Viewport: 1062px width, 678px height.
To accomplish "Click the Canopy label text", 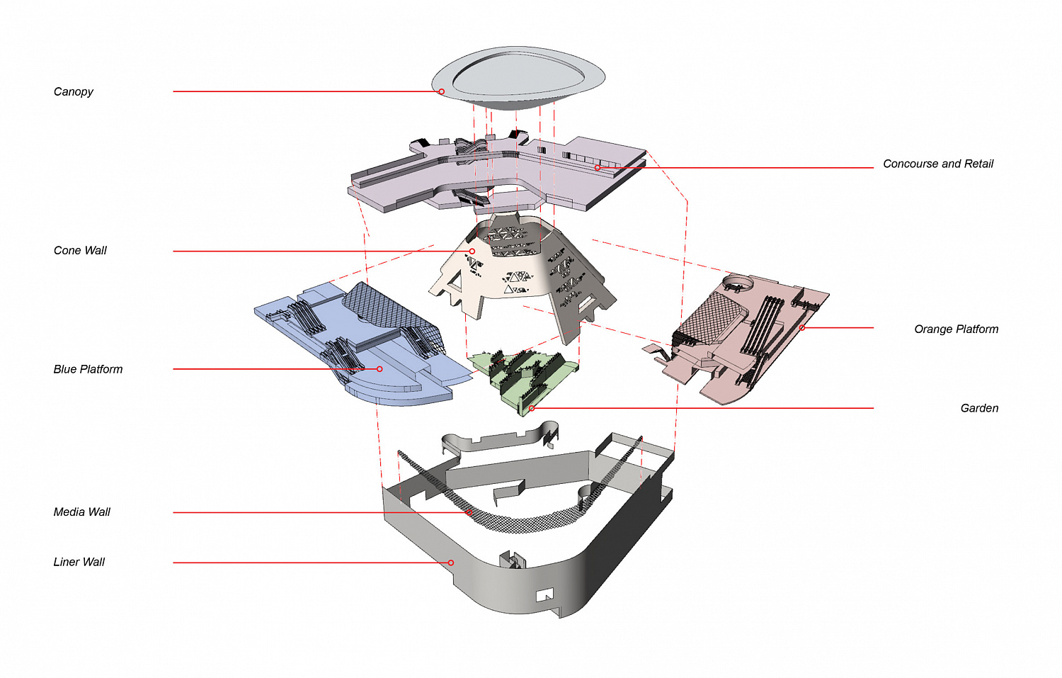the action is point(73,91).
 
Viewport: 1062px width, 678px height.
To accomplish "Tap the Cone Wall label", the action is point(80,251).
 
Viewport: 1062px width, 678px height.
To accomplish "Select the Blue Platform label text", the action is point(88,369).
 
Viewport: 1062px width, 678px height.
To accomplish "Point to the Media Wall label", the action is point(81,512).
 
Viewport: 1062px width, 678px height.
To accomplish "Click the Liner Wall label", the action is point(79,563).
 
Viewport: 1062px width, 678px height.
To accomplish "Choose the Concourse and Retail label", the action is point(938,164).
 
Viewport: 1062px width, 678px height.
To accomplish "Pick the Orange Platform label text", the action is point(957,329).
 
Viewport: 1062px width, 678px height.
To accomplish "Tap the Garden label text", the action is point(979,408).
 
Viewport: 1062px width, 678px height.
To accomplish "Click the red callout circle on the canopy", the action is point(441,91).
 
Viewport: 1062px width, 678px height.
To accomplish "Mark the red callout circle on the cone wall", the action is point(472,251).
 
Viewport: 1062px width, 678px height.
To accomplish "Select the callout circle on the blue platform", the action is point(379,369).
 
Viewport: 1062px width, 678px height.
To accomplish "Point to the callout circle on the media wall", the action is point(469,512).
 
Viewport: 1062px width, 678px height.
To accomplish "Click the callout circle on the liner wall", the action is point(451,563).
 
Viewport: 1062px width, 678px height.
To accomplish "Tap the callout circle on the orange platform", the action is point(802,328).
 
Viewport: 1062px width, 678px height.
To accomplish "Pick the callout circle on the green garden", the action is point(532,408).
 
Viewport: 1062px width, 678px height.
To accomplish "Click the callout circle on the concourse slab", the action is point(598,168).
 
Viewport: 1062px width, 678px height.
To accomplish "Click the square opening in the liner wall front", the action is point(544,595).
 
